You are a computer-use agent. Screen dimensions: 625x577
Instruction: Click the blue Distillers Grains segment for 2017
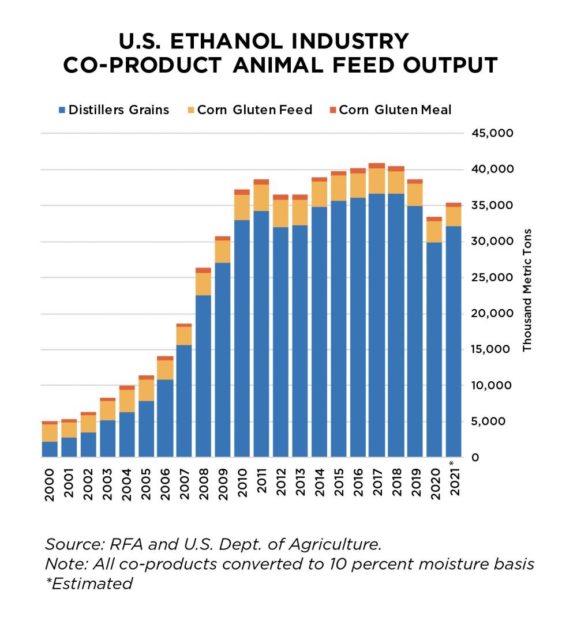[377, 325]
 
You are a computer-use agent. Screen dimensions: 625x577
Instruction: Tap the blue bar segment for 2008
[204, 376]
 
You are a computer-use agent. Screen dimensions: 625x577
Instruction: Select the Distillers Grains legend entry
[113, 110]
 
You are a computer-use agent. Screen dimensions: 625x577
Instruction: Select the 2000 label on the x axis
[50, 485]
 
